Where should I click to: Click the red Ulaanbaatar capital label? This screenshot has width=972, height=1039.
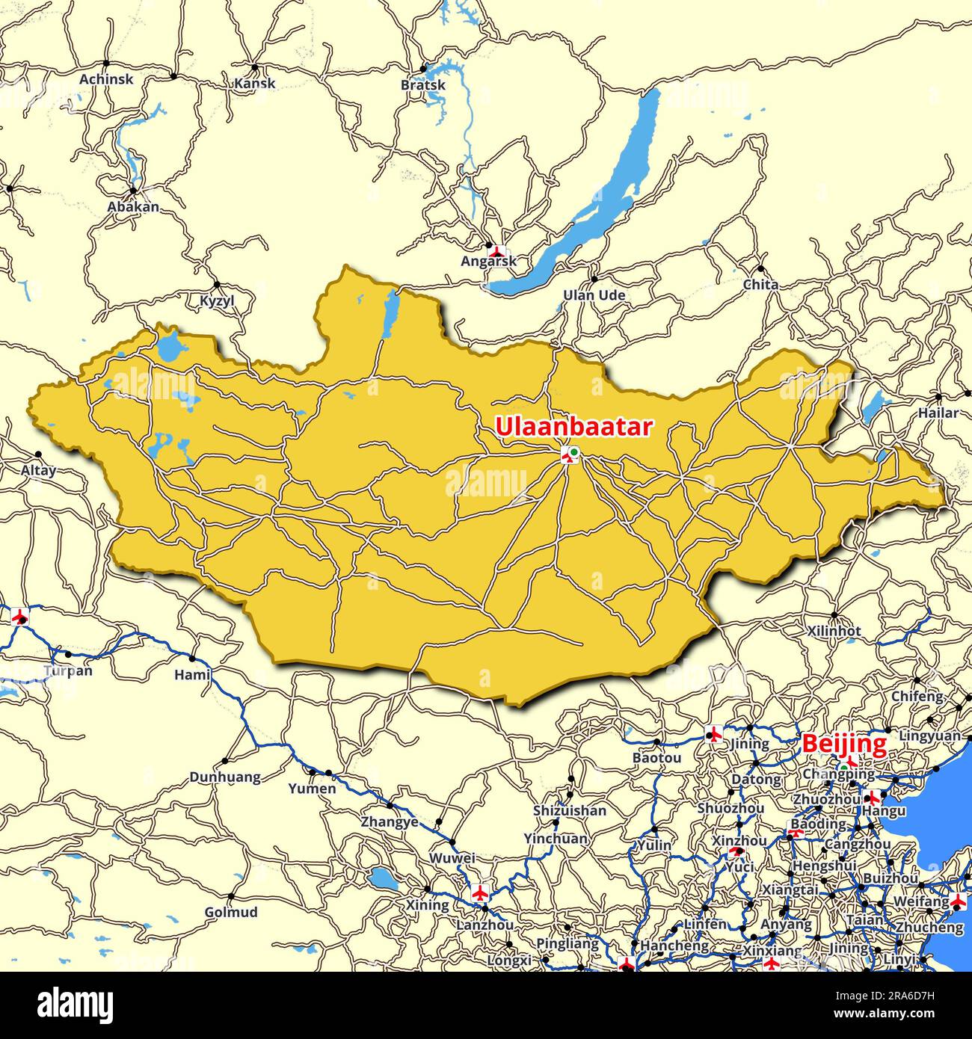tap(573, 428)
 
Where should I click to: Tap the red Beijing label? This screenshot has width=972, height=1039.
tap(844, 744)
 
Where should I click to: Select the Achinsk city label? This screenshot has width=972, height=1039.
tap(106, 78)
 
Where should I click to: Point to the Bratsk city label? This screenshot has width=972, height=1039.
tap(423, 84)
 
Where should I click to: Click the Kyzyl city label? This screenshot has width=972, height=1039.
tap(217, 300)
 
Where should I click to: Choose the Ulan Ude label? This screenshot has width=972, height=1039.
tap(594, 295)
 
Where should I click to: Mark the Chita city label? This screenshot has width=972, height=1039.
tap(760, 284)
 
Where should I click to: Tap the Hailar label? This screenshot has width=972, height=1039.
tap(938, 413)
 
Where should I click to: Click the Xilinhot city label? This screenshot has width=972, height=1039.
tap(834, 631)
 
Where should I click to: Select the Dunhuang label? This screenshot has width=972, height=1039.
tap(225, 777)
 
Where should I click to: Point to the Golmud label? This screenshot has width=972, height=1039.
tap(231, 912)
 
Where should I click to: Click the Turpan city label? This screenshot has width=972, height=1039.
tap(68, 670)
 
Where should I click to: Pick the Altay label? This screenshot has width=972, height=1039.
tap(38, 470)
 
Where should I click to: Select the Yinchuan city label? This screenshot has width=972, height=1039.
tap(556, 839)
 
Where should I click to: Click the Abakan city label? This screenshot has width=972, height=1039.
tap(133, 206)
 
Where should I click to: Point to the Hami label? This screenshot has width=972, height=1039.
tap(192, 675)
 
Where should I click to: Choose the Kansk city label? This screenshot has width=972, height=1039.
tap(255, 83)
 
